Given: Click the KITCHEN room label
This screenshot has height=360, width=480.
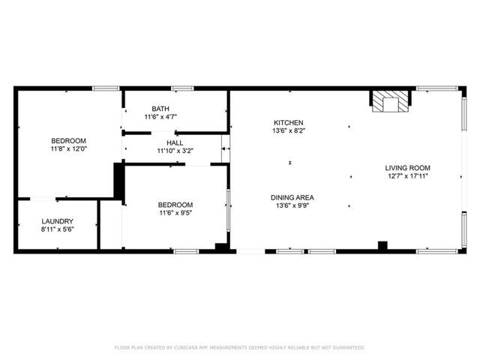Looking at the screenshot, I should coord(289,122).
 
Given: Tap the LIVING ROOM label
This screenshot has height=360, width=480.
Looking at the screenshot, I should coord(408,168).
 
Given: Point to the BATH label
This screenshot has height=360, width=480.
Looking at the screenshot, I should coord(160,109).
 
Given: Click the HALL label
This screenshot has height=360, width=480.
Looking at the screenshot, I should coord(175,142).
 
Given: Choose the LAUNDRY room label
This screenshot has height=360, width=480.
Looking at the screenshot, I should coord(58,221).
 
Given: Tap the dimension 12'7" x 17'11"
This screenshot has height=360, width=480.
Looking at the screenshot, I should coord(408,176).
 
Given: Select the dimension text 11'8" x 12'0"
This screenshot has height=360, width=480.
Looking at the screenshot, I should coord(68,150).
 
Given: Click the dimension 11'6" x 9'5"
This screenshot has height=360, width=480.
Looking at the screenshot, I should coord(175,213).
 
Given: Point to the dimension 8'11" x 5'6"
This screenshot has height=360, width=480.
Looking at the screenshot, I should coord(58,229).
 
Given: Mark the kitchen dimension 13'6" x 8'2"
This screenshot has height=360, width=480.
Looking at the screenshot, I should coord(289,130).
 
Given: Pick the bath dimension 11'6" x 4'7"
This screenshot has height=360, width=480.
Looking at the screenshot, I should coord(160,117).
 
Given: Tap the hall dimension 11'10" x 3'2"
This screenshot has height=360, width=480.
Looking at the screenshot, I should coord(175,151).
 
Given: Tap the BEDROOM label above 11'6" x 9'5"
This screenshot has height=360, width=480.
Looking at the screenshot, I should coord(175,205).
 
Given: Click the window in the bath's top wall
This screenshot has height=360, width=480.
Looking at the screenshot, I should coord(181,88).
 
